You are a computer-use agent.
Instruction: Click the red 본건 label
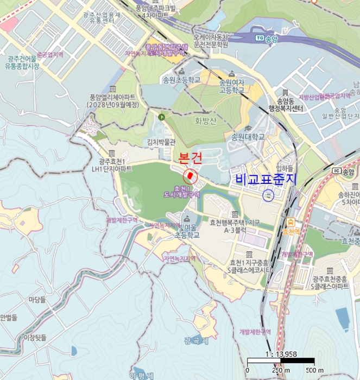click(x=190, y=159)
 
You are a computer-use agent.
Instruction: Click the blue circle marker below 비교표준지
click(x=268, y=196)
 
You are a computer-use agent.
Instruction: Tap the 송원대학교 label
click(x=249, y=136)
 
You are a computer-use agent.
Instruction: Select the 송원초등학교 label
click(x=181, y=80)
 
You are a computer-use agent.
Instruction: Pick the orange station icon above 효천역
click(x=291, y=221)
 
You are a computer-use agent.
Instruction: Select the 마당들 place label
click(x=37, y=299)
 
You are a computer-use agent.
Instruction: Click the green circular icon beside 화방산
click(x=161, y=116)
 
